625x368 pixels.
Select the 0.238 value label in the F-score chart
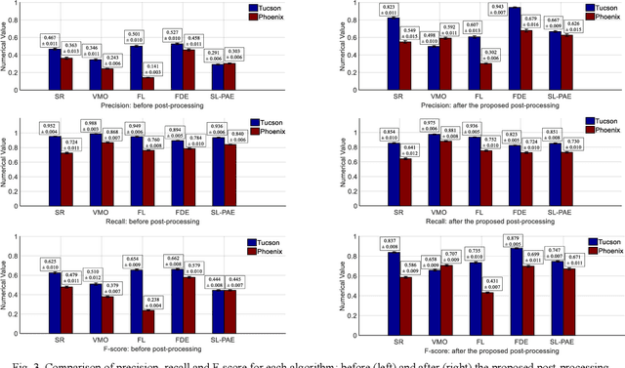(x=152, y=301)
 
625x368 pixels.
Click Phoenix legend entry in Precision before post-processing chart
(x=268, y=18)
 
